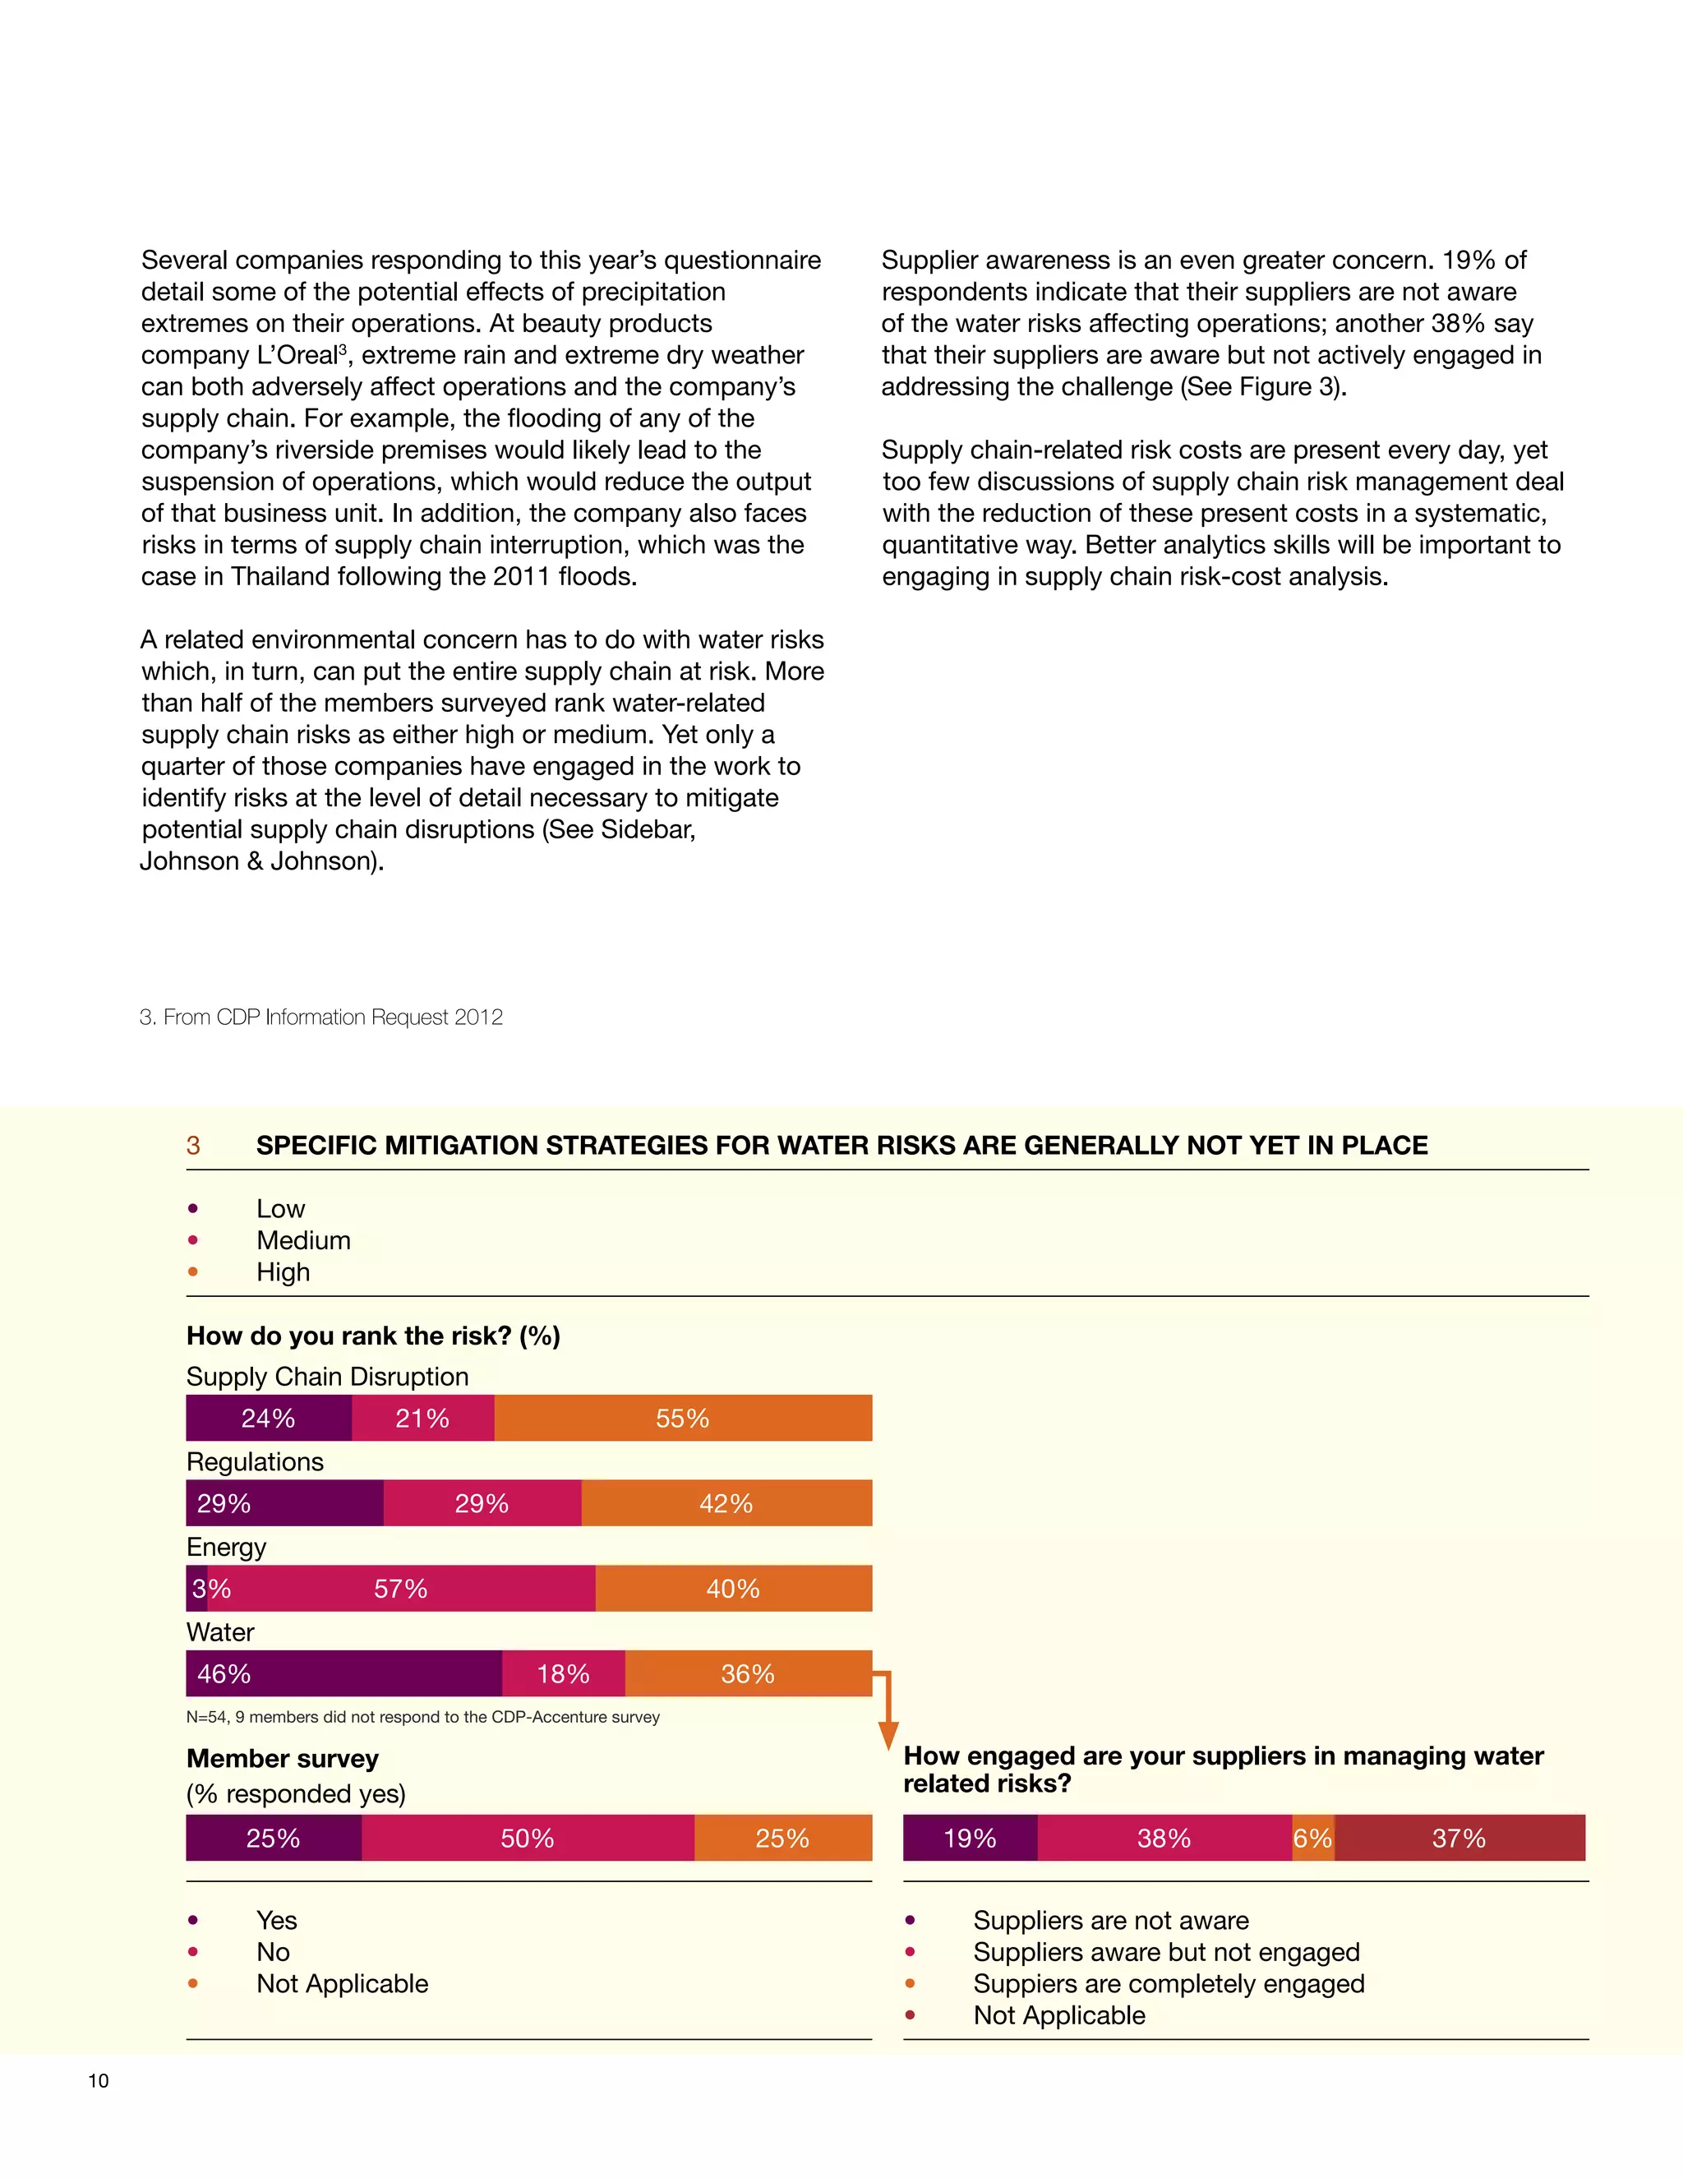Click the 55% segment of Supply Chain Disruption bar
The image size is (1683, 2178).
coord(683,1418)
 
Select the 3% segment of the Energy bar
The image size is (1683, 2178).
coord(196,1589)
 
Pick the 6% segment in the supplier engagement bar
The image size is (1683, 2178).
coord(1313,1839)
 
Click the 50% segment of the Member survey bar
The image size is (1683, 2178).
coord(528,1839)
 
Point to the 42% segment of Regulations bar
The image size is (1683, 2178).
coord(726,1504)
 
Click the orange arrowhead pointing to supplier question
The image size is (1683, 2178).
coord(888,1736)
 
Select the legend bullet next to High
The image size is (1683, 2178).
coord(192,1272)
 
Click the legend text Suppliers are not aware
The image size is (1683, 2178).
coord(1111,1921)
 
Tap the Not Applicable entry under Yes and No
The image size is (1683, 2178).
coord(342,1983)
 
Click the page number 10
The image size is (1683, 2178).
coord(99,2081)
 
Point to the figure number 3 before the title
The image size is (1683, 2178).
coord(193,1146)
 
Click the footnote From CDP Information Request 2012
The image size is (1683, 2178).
coord(321,1017)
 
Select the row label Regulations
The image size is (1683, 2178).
coord(256,1462)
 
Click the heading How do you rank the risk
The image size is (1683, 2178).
coord(373,1336)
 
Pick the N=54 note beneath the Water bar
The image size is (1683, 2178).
coord(422,1717)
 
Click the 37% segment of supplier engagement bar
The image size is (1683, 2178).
coord(1459,1839)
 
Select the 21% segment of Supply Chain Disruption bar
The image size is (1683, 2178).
coord(422,1418)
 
